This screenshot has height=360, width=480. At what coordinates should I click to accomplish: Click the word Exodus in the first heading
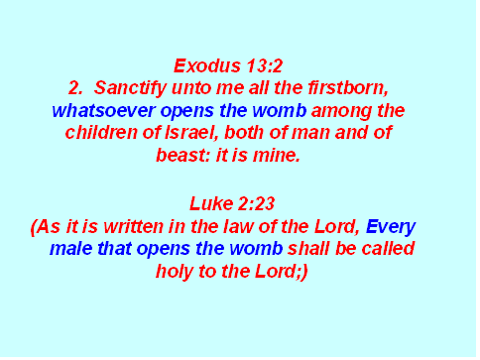(207, 65)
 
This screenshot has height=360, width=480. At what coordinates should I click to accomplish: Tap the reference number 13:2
(264, 65)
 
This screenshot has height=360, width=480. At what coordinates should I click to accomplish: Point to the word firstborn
(348, 88)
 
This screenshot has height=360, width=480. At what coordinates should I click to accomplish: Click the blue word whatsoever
(103, 110)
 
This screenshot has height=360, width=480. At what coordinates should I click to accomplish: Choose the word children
(101, 133)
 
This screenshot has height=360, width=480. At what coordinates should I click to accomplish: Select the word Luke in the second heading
(211, 203)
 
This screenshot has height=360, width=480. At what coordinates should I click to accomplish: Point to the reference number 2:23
(256, 203)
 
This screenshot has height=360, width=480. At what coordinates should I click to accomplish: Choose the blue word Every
(391, 227)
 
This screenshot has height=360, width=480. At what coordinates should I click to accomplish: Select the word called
(388, 249)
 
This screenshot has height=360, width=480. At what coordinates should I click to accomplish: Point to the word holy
(175, 272)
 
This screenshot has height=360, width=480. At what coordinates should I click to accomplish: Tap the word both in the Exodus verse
(244, 133)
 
